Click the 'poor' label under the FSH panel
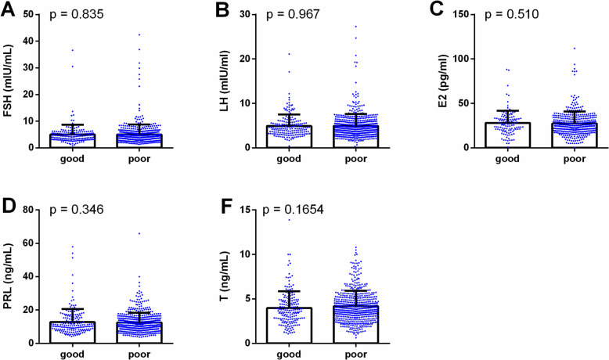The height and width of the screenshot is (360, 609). click(x=139, y=160)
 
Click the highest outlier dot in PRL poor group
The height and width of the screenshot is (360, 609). click(x=139, y=233)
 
